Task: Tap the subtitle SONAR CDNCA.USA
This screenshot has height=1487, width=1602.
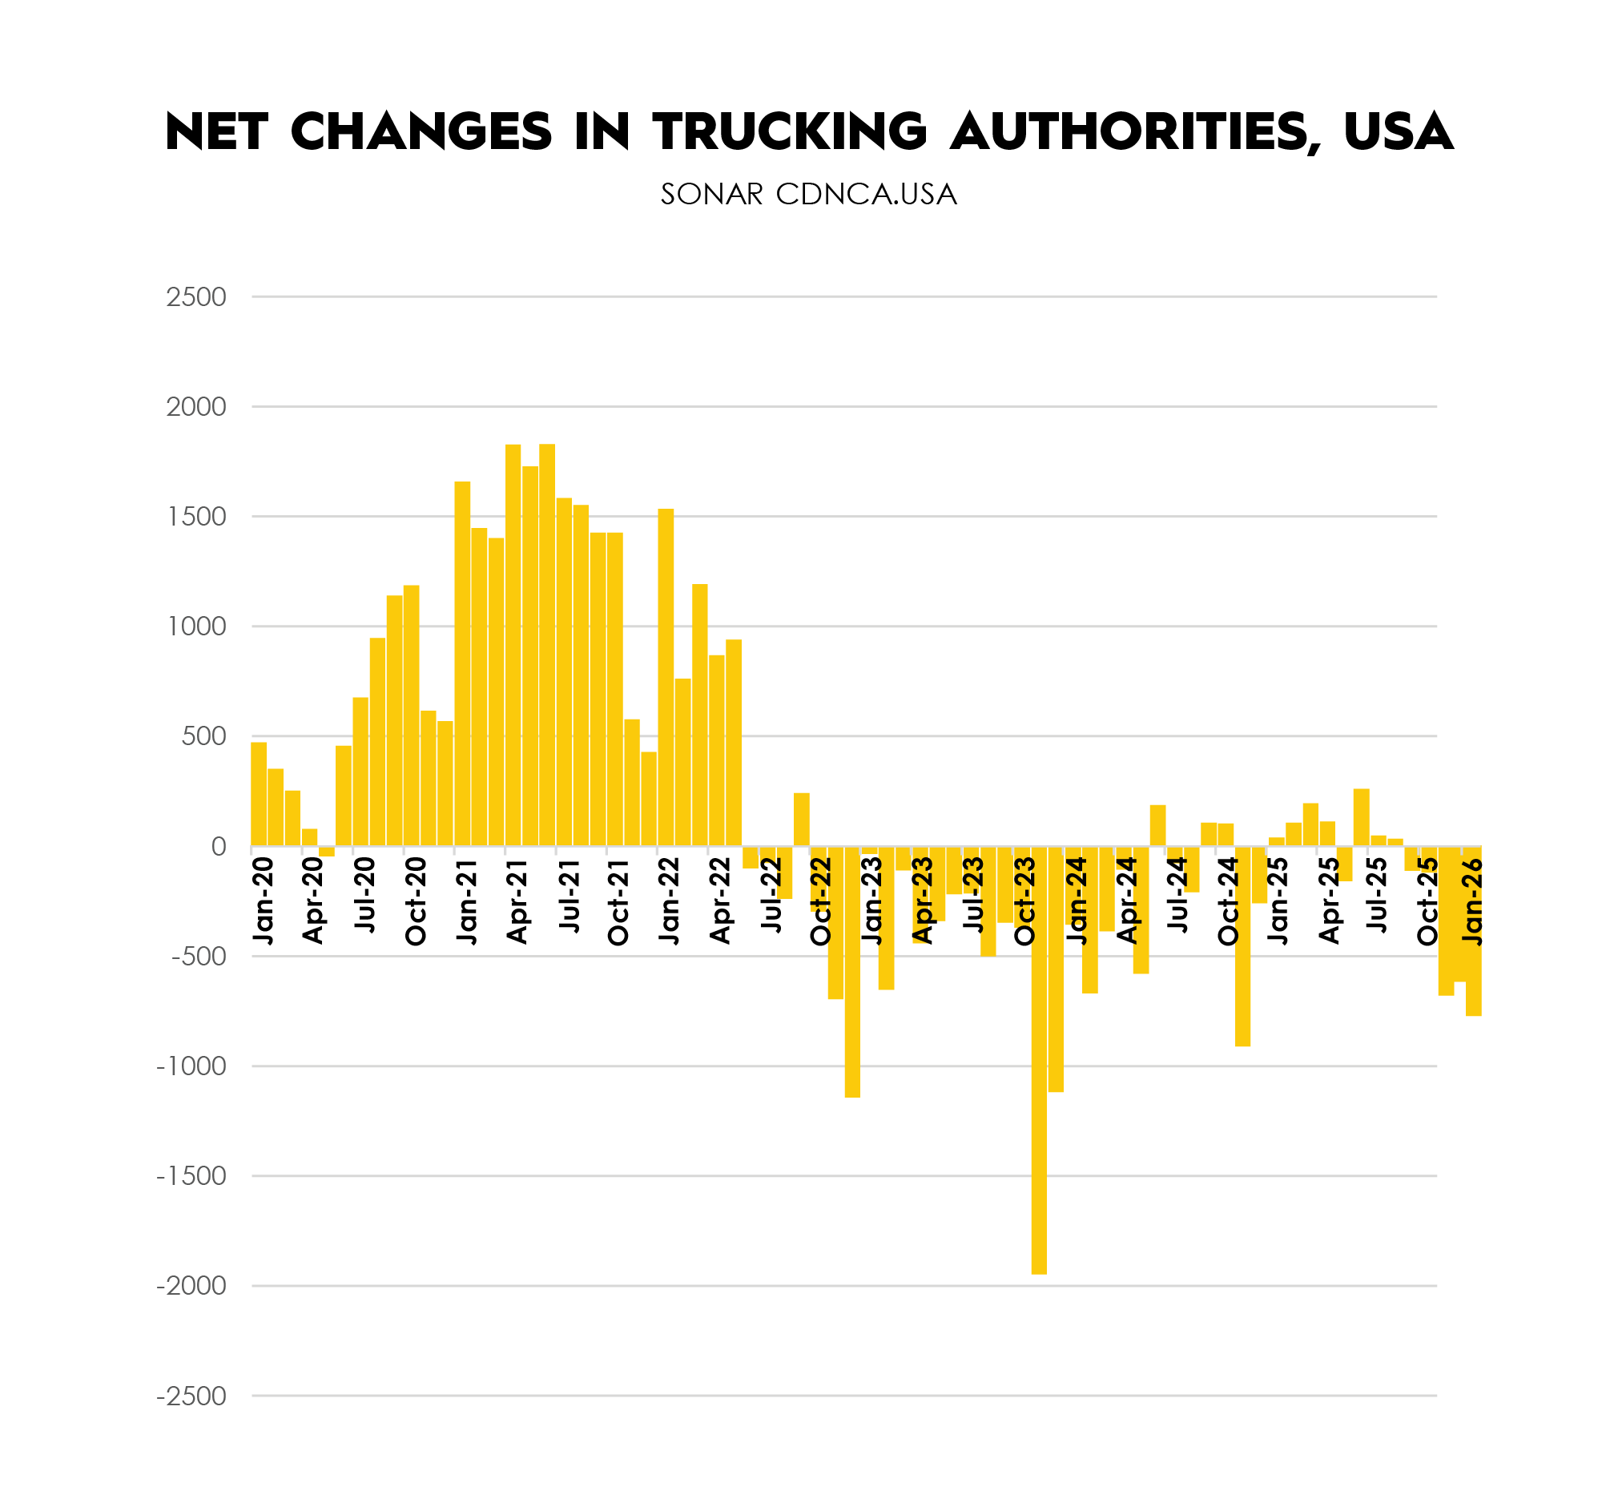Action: (808, 195)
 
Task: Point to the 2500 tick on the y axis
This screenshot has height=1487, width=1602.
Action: (195, 297)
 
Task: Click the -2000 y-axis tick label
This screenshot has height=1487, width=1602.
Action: (191, 1286)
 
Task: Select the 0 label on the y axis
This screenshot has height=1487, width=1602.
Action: (218, 847)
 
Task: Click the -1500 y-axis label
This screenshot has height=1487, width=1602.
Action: (191, 1176)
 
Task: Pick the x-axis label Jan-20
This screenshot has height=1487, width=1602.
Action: (263, 901)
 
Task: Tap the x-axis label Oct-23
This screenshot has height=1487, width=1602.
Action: (1025, 901)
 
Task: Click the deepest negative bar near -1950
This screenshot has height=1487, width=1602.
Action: (1039, 1062)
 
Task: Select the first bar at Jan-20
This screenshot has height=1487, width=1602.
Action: (258, 793)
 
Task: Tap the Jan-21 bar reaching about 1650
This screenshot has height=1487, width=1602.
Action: (462, 664)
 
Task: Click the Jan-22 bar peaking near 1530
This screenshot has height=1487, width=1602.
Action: (666, 678)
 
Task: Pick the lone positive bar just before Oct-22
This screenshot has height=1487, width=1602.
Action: (802, 819)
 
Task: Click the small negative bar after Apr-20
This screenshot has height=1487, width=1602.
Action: (327, 852)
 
